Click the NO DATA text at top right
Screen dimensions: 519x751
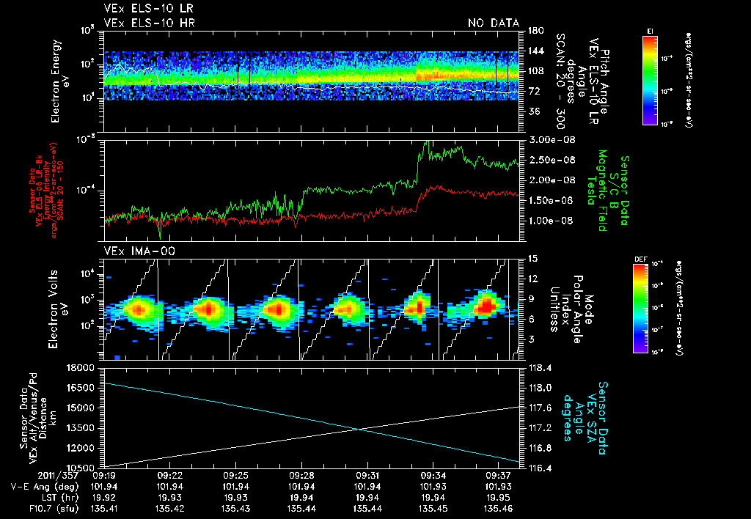pos(494,23)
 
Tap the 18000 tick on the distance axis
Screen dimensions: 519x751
pos(84,367)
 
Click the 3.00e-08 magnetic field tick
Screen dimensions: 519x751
pos(549,139)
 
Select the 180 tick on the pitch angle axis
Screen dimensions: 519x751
pos(534,31)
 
